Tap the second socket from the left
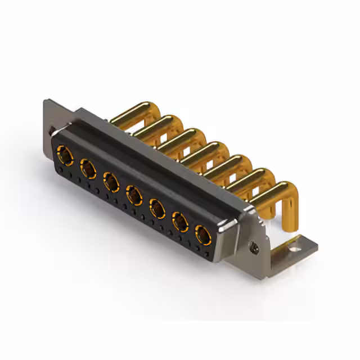88,167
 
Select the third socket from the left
111,181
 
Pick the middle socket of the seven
134,195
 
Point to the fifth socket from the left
157,209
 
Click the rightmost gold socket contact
203,233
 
